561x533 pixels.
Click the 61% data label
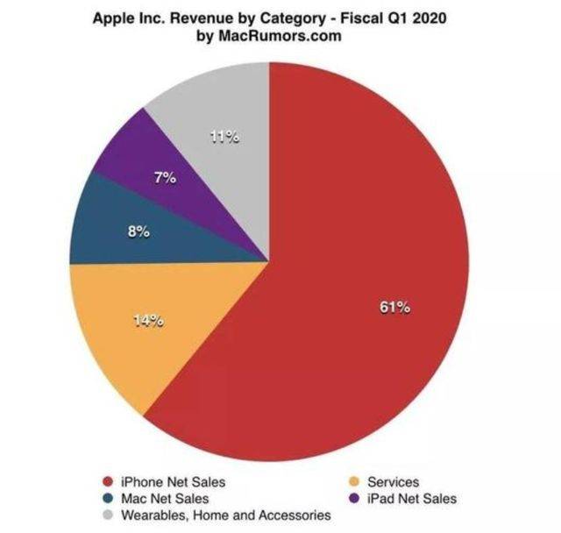click(x=395, y=308)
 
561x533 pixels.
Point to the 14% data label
click(x=148, y=320)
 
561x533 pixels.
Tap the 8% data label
click(x=139, y=233)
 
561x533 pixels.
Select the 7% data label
click(x=164, y=178)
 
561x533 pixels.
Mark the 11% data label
click(x=226, y=137)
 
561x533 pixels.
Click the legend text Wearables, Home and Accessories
click(x=225, y=515)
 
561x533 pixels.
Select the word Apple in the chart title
click(x=115, y=18)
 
